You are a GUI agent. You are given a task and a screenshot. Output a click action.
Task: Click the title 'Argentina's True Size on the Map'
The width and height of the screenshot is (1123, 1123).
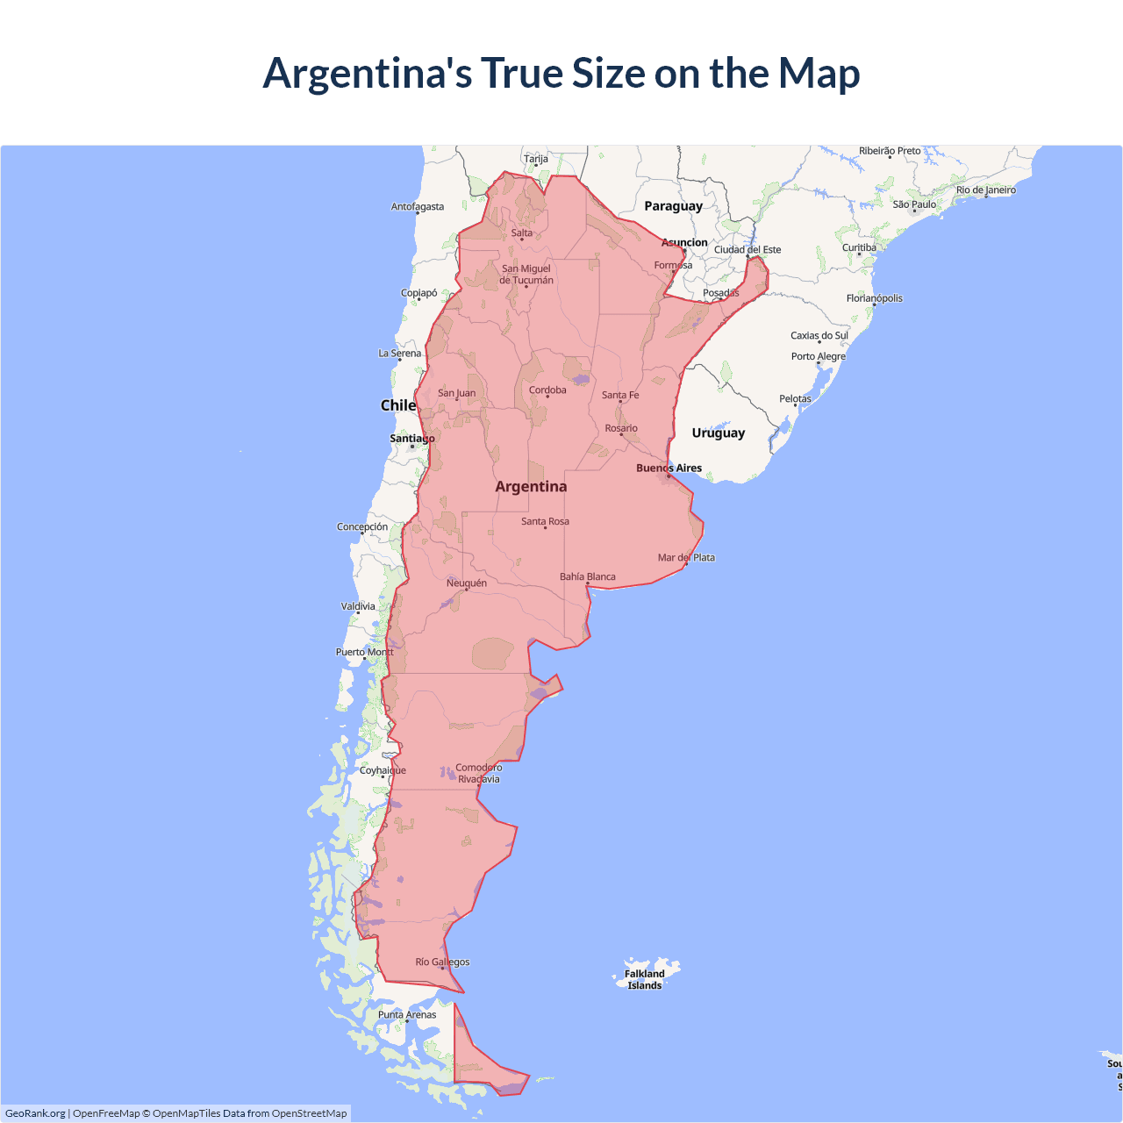pos(561,73)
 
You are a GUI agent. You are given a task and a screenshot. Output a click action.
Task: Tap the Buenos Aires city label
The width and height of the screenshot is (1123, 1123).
pos(669,468)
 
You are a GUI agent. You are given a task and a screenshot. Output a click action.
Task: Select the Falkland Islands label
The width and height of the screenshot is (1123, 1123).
pos(645,979)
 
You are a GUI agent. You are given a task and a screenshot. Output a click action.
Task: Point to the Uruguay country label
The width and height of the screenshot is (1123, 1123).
pos(718,433)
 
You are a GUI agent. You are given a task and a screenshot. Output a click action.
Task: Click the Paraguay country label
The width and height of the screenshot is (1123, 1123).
pos(673,206)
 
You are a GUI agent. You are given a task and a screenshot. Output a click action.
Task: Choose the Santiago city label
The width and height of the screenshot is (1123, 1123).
pos(411,438)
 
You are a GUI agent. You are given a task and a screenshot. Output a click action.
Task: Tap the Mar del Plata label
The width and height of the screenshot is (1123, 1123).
pos(686,557)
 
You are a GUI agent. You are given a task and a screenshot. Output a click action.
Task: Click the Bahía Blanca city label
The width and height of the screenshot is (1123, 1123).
pos(588,576)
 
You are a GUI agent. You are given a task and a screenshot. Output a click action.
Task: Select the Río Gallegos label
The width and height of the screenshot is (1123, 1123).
pos(442,962)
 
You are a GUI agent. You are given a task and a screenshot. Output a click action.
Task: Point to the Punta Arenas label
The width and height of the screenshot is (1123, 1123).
pos(407,1014)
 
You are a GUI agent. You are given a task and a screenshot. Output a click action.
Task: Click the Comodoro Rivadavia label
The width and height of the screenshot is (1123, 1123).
pos(479,773)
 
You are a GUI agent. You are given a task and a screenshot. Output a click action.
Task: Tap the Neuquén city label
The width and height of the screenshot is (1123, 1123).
pos(466,583)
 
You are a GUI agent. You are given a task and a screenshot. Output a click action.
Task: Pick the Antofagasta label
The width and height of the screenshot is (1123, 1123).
pos(418,207)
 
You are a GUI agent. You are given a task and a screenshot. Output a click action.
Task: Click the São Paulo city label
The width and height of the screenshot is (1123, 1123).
pos(914,204)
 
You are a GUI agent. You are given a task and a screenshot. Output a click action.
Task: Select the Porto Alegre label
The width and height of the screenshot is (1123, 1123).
pos(819,356)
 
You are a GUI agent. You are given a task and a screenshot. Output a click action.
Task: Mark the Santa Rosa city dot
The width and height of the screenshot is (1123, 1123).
pos(545,528)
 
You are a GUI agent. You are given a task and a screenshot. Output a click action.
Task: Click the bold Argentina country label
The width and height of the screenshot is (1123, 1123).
pos(531,486)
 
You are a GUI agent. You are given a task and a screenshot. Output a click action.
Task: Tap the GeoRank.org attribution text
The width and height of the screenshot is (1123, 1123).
pos(35,1113)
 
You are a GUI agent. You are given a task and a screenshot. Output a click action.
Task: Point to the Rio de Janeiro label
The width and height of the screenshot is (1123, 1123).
pos(986,190)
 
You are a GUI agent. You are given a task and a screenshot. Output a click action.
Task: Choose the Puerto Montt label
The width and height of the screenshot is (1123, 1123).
pos(365,652)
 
